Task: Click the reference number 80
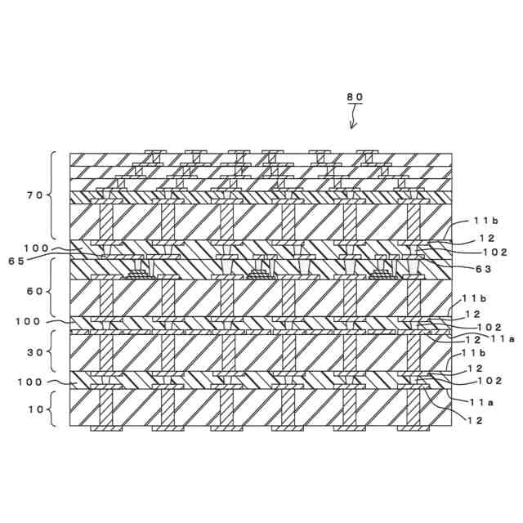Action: click(x=354, y=96)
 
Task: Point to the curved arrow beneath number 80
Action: click(x=353, y=118)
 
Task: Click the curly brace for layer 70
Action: click(x=54, y=195)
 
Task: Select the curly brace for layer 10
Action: click(x=54, y=408)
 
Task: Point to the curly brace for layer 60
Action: click(x=54, y=288)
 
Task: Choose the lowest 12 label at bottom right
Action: click(x=476, y=420)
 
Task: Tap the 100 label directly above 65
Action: click(x=36, y=248)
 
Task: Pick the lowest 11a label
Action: click(x=481, y=401)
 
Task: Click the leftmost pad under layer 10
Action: click(x=105, y=427)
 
